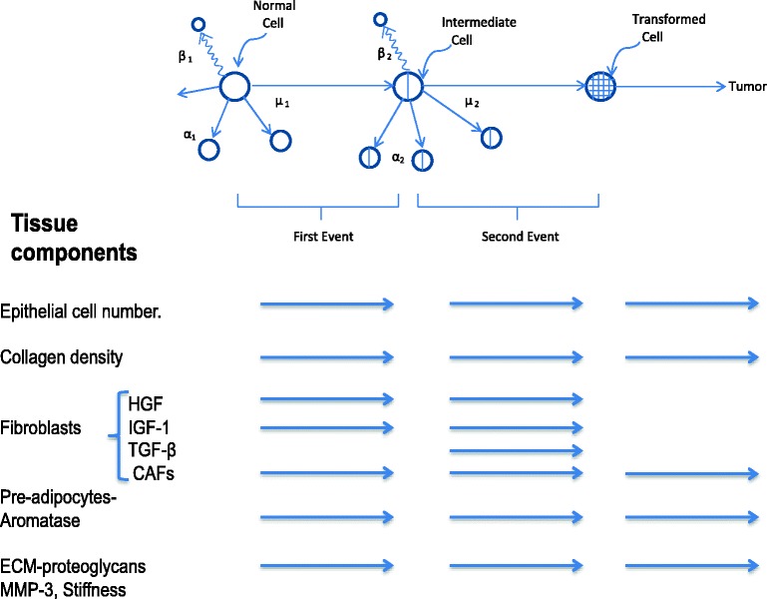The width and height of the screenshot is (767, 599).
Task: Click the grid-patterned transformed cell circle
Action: coord(598,87)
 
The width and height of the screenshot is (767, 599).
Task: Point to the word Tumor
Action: coord(745,88)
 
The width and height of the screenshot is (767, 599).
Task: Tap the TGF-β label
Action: coord(153,450)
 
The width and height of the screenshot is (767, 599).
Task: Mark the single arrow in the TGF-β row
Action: coord(517,451)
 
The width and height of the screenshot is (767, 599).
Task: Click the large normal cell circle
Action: coord(233,87)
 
